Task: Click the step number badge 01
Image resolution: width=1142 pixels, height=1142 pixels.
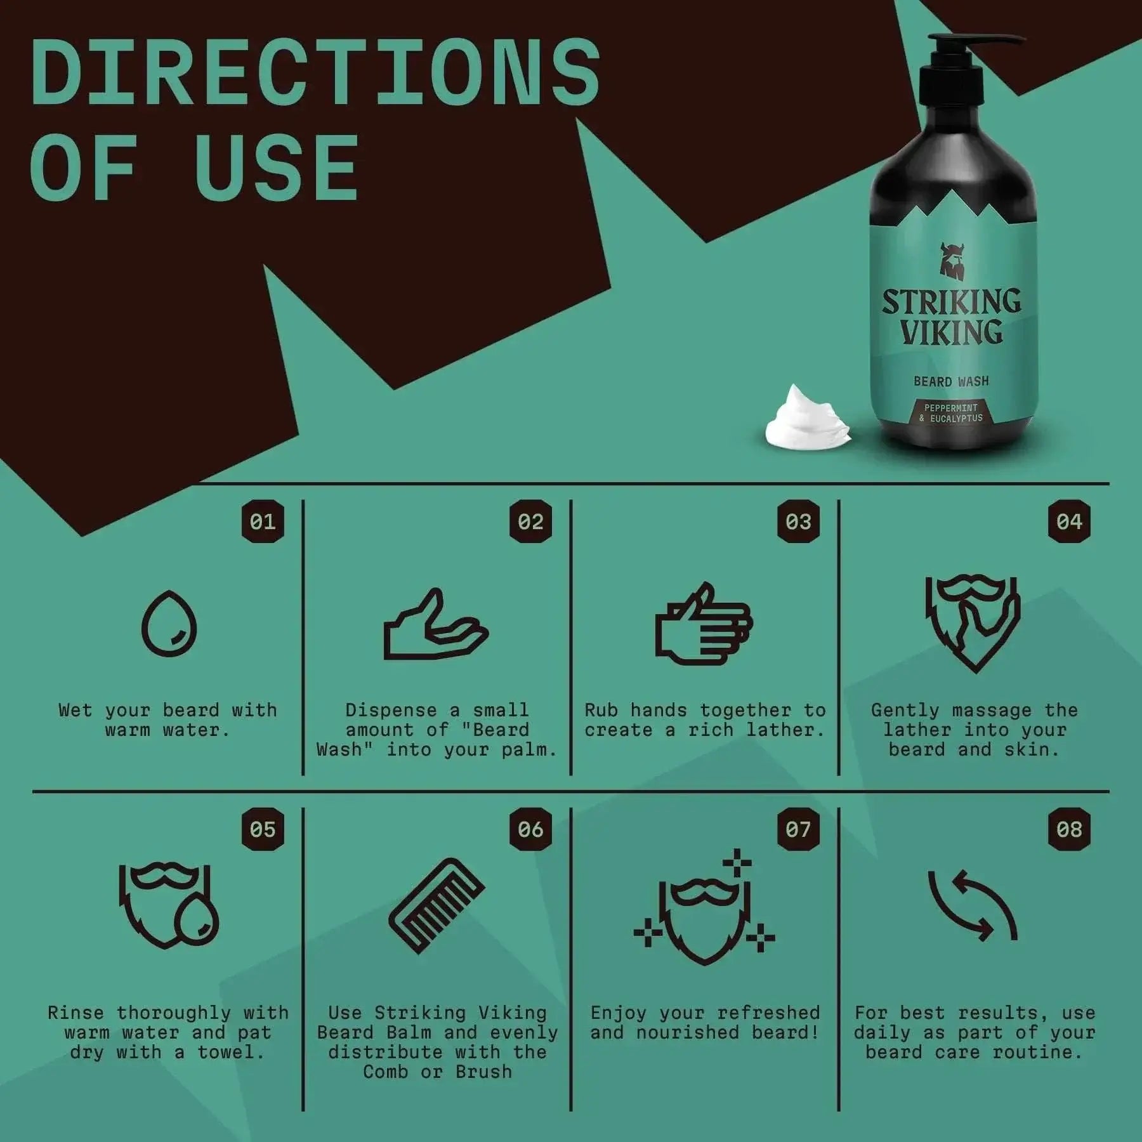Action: pos(263,522)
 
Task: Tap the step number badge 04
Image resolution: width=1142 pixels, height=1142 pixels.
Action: pos(1069,522)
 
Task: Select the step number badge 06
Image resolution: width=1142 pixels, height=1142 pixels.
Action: pos(530,829)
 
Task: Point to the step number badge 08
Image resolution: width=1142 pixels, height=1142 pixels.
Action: pos(1069,829)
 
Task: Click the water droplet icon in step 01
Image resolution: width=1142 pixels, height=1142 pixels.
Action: pos(169,624)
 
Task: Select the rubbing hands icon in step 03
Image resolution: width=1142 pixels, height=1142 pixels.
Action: pos(703,624)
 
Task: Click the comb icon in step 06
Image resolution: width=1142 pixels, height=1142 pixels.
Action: pos(436,905)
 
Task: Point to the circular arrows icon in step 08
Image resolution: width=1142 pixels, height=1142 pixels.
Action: pos(973,905)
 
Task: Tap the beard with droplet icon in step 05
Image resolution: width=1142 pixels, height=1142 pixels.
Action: pos(169,905)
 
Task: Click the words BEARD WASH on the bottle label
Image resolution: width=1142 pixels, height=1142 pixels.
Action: pos(951,381)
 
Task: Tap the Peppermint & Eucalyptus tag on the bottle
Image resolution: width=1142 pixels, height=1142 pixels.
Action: pos(951,413)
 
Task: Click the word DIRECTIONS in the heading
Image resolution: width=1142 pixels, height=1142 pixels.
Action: pos(315,73)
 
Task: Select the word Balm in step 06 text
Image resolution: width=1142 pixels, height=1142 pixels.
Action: pos(409,1032)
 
